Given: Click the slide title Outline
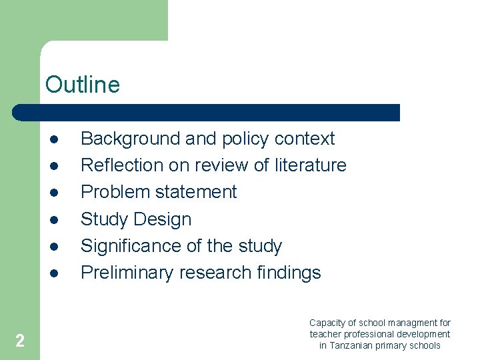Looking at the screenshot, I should click(x=83, y=85).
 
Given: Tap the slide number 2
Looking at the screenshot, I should click(x=20, y=341).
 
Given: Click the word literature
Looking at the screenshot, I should click(x=311, y=165).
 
